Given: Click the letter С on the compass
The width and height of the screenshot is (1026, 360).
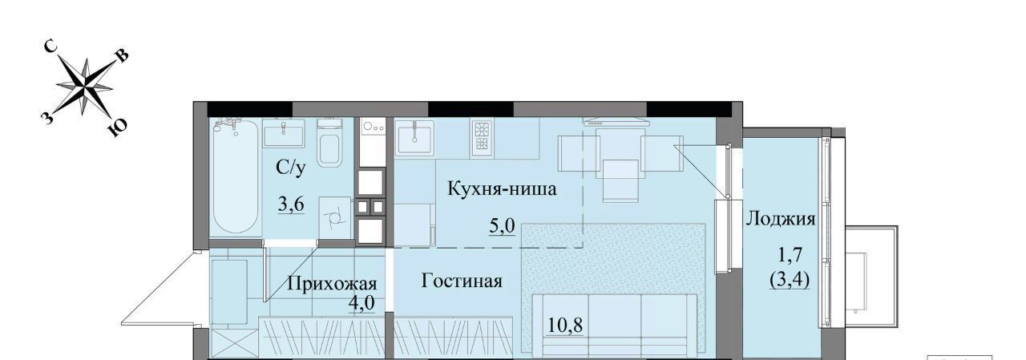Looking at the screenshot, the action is [50, 47].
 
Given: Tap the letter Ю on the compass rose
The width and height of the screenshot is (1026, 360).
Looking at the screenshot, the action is [118, 127].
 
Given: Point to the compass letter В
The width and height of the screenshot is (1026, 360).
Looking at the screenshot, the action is [123, 56].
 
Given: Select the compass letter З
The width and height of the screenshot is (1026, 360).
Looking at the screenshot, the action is [46, 118].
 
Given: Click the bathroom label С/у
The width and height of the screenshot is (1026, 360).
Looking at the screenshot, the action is [290, 168].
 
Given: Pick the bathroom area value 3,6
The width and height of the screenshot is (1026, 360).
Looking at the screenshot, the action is [291, 204].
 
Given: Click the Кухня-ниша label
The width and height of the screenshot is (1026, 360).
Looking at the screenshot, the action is [502, 188].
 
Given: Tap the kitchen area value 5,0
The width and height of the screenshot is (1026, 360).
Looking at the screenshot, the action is [502, 226].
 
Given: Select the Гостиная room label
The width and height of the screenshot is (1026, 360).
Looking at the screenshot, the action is [461, 281].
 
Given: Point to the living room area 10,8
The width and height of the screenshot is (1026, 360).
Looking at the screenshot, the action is [565, 326].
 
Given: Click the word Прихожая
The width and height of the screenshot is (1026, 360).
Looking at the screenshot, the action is [332, 284].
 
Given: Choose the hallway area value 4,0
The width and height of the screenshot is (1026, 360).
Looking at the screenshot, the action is [362, 303].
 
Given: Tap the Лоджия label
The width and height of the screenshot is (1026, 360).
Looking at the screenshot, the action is [781, 219].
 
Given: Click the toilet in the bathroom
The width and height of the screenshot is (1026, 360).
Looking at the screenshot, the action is [329, 143].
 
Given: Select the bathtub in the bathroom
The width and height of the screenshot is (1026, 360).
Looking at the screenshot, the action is [236, 176].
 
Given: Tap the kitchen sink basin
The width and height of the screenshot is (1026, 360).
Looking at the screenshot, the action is [414, 139].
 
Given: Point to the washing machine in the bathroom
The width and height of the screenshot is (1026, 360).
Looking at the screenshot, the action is [335, 217].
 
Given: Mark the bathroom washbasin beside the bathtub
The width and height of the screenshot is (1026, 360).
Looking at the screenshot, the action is [284, 133].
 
